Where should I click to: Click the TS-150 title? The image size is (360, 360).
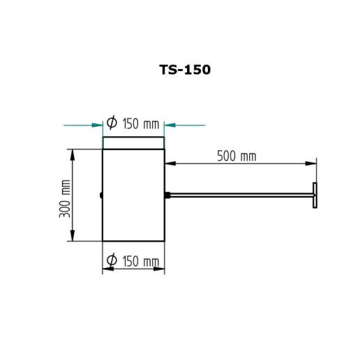(x=185, y=70)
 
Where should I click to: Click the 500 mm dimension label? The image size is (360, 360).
(x=237, y=156)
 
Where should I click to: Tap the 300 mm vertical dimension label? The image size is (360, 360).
(x=65, y=199)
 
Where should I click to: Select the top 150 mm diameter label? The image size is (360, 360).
(x=133, y=123)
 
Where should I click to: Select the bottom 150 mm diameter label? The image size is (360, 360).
(x=133, y=260)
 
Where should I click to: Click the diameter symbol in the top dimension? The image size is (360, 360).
(x=112, y=122)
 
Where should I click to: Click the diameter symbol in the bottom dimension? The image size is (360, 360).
(x=112, y=260)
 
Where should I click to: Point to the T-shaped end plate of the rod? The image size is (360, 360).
(x=315, y=195)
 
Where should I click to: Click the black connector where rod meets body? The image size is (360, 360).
(x=167, y=195)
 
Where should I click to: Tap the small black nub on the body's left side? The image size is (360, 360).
(x=101, y=195)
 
